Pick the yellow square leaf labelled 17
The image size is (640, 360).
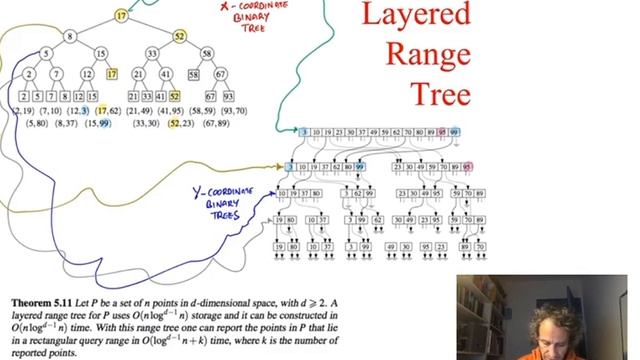[x=112, y=75]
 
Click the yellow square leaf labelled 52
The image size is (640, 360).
[x=174, y=96]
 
